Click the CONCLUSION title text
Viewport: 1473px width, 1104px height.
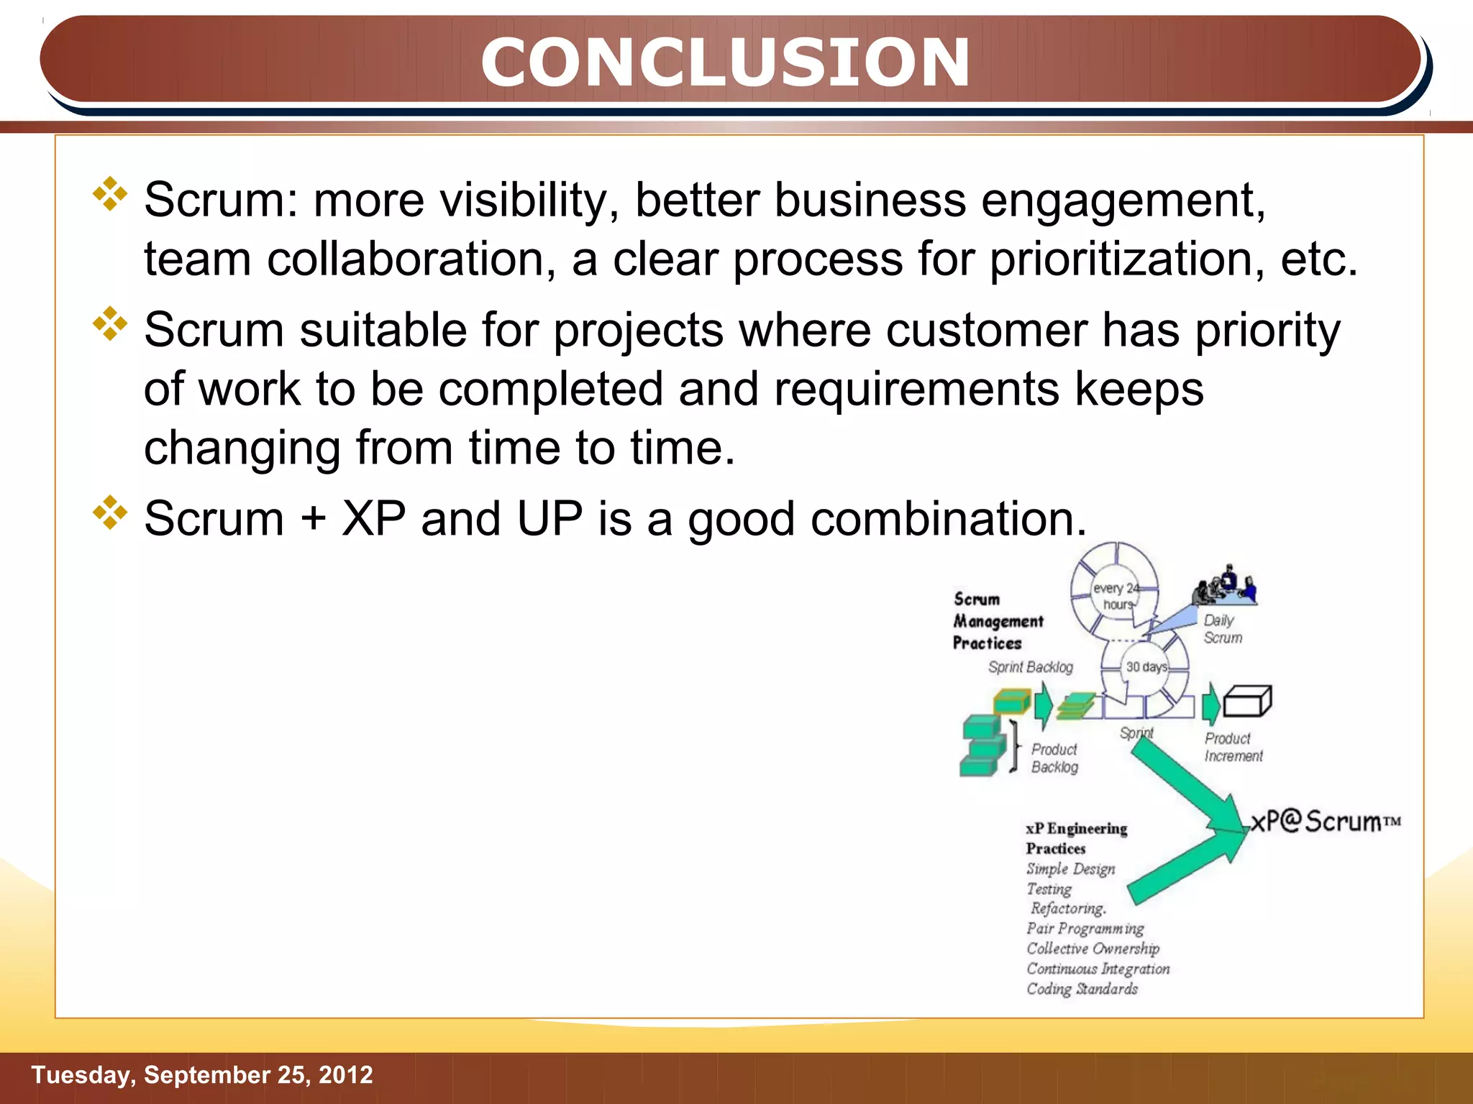(x=725, y=63)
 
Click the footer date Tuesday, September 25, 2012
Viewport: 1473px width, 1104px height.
(x=202, y=1075)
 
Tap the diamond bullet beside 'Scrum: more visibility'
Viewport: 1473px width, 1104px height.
(x=110, y=193)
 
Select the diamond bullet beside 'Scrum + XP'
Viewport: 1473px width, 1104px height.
(x=110, y=512)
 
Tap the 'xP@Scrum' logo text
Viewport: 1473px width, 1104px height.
(x=1325, y=822)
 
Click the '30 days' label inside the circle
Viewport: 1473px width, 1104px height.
(x=1146, y=667)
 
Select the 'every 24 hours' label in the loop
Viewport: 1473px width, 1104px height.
(x=1115, y=597)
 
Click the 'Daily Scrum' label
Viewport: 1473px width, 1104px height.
(x=1222, y=629)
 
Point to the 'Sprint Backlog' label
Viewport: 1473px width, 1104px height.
(x=1030, y=667)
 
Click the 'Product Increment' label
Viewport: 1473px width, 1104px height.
(x=1233, y=747)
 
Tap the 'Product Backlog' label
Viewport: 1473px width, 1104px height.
(x=1054, y=758)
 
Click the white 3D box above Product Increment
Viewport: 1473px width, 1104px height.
(x=1247, y=701)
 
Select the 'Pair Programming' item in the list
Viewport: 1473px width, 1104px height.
(x=1085, y=929)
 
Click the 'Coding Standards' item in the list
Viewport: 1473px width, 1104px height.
(x=1082, y=989)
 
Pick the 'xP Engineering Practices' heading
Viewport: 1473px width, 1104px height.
(x=1076, y=838)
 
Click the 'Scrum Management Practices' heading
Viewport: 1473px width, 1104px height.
(x=997, y=621)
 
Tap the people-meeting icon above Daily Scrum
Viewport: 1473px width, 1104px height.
(x=1226, y=586)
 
